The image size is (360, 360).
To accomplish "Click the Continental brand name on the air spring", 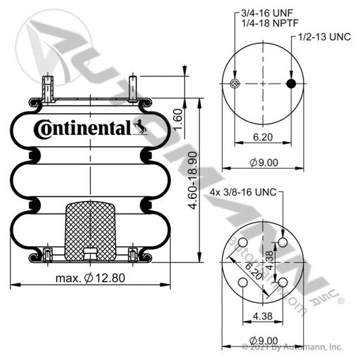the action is (x=82, y=129).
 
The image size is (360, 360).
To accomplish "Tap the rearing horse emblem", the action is (x=140, y=127).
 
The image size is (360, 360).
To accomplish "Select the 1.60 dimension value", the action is (x=178, y=119).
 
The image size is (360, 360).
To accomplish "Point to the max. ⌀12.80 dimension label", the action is (x=91, y=278).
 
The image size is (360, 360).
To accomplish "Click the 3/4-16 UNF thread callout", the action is (x=267, y=13).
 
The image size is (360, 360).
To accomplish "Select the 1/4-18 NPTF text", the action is (x=270, y=23).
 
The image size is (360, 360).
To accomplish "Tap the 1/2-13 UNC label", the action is (x=325, y=37).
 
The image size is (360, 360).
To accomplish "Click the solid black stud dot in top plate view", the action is (x=291, y=84).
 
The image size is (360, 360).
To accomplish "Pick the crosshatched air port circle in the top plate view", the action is (x=235, y=84).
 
